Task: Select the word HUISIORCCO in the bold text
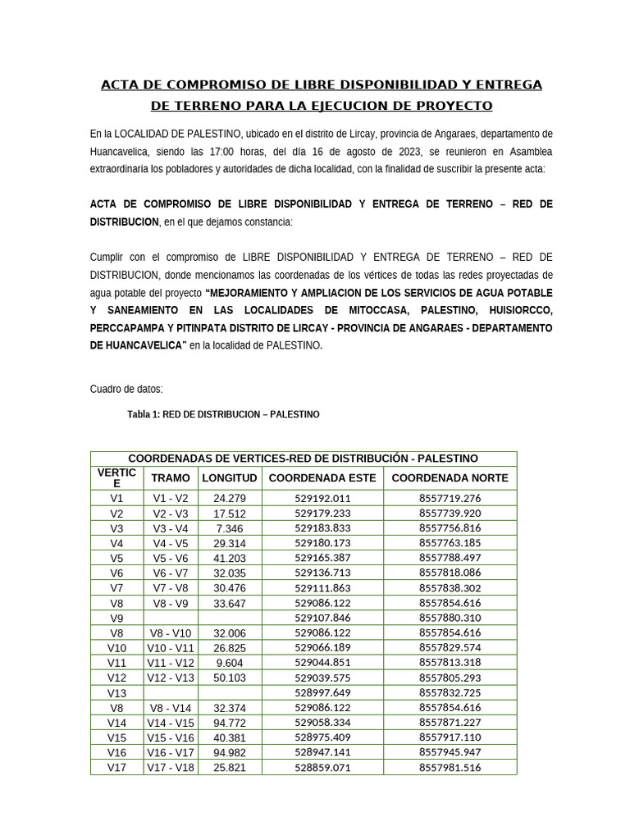[x=518, y=310]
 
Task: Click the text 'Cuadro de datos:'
[x=126, y=389]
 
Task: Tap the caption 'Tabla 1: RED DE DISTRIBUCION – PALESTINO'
[x=223, y=415]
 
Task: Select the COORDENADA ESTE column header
[x=322, y=477]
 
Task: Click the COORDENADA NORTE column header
[x=450, y=477]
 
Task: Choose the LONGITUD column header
[x=230, y=477]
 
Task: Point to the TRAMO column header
[x=171, y=477]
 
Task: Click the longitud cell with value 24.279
[x=230, y=498]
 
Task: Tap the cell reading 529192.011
[x=322, y=498]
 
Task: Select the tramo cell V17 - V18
[x=171, y=768]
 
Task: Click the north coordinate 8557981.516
[x=450, y=768]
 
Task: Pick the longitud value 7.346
[x=230, y=528]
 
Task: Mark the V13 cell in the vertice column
[x=116, y=693]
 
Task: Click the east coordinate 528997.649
[x=322, y=693]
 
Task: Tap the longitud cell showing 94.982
[x=230, y=753]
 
